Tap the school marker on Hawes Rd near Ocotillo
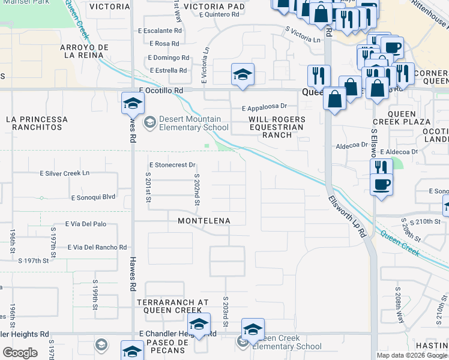tap(133, 104)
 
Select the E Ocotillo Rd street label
tap(161, 91)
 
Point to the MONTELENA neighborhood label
tap(204, 221)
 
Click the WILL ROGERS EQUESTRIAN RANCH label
tap(277, 127)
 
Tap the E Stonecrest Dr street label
tap(172, 164)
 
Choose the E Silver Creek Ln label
tap(64, 173)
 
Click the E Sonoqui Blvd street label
tap(92, 197)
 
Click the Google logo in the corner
tap(20, 353)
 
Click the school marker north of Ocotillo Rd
tap(243, 75)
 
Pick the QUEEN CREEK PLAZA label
tap(410, 118)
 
